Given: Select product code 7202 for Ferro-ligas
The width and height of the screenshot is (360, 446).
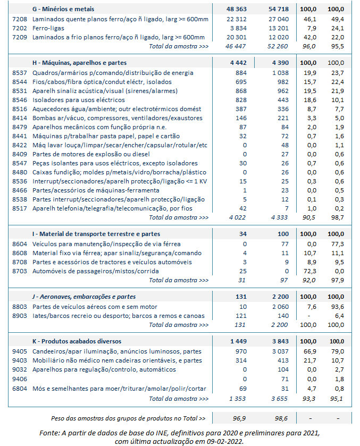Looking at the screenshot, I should [19, 28].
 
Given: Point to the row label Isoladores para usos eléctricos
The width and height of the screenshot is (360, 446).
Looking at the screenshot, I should [79, 100].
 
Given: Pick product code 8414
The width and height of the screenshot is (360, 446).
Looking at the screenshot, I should [19, 118].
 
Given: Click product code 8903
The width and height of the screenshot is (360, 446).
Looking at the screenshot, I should [19, 316].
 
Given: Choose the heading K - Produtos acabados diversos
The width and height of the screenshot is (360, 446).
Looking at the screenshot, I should [77, 341].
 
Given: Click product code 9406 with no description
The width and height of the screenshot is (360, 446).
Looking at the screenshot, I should [19, 379].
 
